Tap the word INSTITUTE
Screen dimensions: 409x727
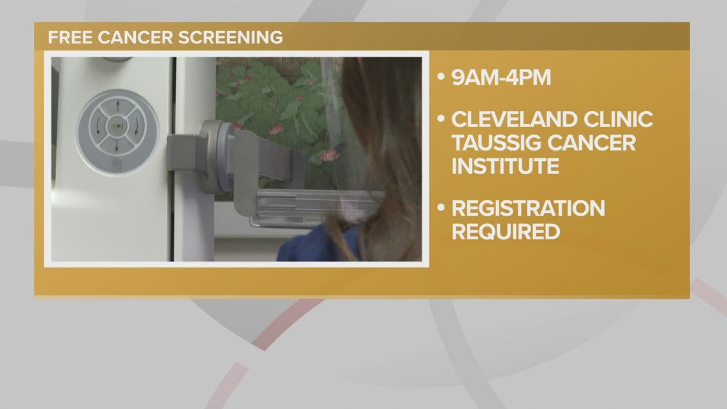pos(506,166)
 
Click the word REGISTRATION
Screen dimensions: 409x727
pos(528,208)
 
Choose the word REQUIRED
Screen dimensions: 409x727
pos(506,231)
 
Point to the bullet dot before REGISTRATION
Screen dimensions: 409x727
pos(440,209)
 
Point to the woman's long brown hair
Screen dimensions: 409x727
pos(376,140)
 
